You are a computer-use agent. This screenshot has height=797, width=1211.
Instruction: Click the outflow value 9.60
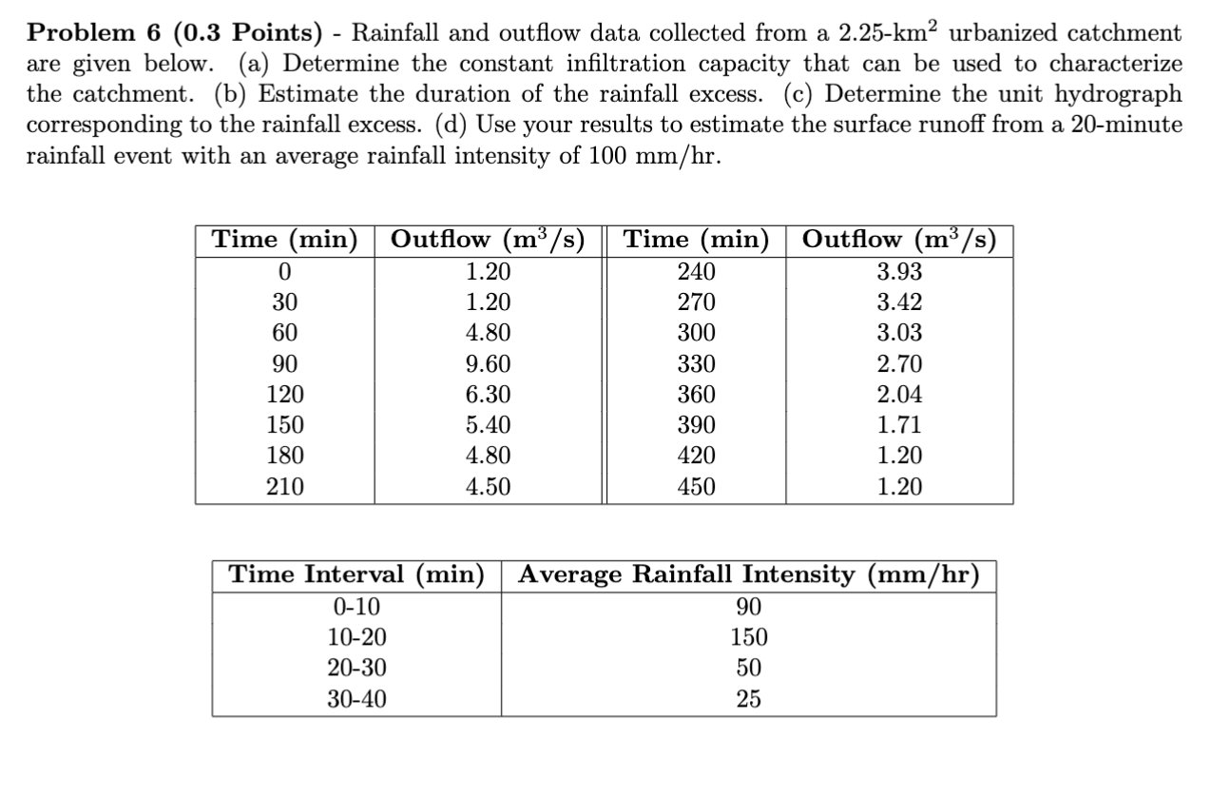point(489,364)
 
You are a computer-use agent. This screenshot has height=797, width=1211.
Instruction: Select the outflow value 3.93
point(899,272)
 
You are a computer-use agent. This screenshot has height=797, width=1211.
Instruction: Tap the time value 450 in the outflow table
point(696,488)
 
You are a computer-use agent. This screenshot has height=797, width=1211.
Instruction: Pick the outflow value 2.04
point(899,395)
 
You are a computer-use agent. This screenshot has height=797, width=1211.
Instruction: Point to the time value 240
point(696,272)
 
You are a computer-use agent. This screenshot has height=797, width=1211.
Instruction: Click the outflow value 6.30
point(489,395)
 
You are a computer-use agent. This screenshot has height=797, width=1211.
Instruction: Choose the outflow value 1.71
point(899,426)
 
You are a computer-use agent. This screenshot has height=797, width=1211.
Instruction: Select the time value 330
point(696,364)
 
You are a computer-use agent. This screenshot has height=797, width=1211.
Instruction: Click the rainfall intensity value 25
point(748,700)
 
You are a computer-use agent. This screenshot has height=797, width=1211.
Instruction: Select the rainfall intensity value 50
point(748,669)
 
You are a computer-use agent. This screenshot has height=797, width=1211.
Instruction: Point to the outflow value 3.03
point(899,334)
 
